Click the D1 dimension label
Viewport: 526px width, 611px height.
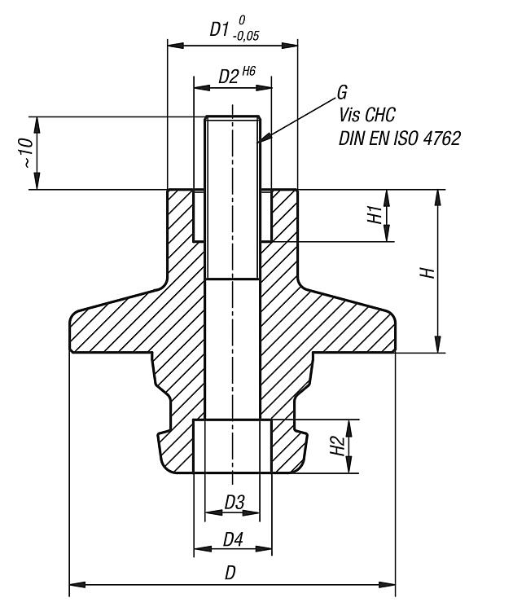point(218,29)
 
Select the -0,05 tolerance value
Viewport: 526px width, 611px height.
point(246,36)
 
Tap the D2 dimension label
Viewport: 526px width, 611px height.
point(228,77)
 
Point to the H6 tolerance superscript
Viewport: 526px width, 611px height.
point(249,72)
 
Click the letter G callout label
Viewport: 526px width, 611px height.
point(342,93)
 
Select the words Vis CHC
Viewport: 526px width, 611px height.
point(366,115)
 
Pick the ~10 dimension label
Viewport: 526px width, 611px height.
point(27,153)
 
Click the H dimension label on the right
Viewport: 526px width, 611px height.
point(427,272)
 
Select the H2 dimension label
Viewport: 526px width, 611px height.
point(338,446)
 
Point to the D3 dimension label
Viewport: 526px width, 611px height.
point(235,503)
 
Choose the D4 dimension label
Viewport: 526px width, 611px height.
point(233,540)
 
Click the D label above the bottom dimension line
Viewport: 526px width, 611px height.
point(230,573)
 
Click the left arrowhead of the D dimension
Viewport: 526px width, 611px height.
point(77,585)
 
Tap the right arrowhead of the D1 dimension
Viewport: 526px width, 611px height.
point(290,46)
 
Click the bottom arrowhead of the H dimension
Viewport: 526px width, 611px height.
point(438,345)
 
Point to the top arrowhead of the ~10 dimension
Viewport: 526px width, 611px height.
point(37,125)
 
